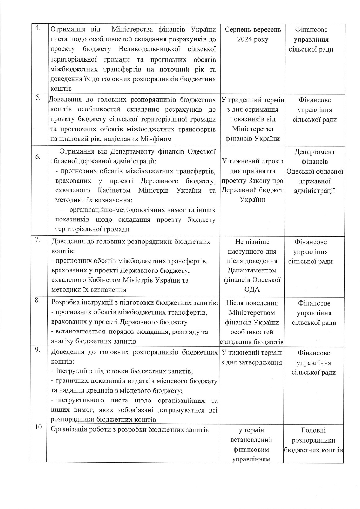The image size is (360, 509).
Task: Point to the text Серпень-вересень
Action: [253, 30]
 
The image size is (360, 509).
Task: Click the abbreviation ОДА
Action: [252, 289]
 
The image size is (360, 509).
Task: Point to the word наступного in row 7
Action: [252, 251]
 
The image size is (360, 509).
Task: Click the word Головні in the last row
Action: [313, 430]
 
